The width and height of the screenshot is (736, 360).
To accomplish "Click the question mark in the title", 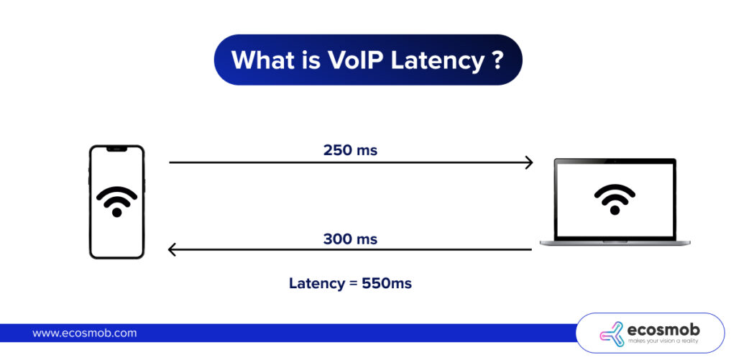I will coord(497,60).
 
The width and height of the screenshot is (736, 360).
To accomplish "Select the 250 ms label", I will coord(350,150).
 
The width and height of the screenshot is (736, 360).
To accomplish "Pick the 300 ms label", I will coord(350,239).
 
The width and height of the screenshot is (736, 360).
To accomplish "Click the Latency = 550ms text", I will coord(350,283).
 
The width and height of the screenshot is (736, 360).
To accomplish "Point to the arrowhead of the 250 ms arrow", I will coord(529,162).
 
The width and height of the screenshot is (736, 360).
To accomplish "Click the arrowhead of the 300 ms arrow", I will coord(172,250).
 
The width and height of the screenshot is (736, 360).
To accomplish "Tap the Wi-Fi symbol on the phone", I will coord(116,201).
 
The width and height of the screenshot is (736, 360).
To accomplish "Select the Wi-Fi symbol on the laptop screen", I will coord(615,199).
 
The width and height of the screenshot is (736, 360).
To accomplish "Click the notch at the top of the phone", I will coord(116,149).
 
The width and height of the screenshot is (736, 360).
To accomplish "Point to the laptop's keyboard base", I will coord(615,243).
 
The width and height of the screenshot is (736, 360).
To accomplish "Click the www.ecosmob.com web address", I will coord(84,333).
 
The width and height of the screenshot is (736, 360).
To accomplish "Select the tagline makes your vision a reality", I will coord(663,341).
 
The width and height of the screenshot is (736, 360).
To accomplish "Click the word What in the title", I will coord(264,60).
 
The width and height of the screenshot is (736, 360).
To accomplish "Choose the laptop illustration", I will coord(615,202).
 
